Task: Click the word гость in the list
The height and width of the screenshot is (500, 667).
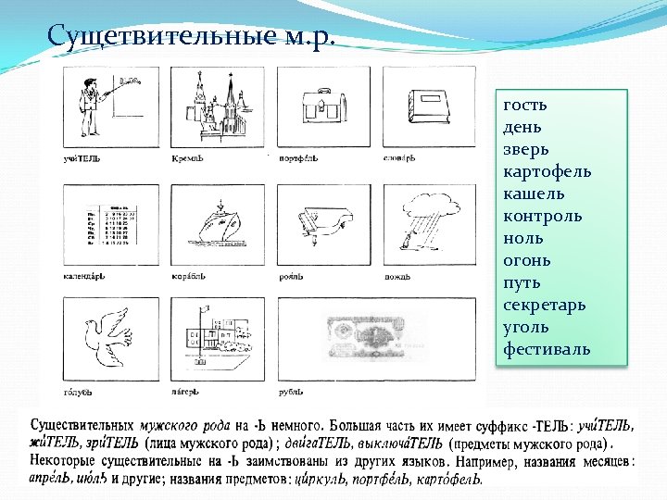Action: [x=524, y=105]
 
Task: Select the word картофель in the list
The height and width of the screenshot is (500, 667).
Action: [x=547, y=171]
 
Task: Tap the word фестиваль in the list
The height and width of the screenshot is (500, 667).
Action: [x=547, y=349]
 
